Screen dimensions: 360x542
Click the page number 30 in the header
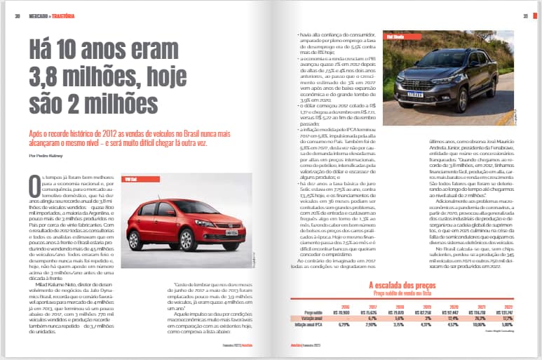coord(15,17)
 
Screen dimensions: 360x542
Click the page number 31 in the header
coord(525,17)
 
